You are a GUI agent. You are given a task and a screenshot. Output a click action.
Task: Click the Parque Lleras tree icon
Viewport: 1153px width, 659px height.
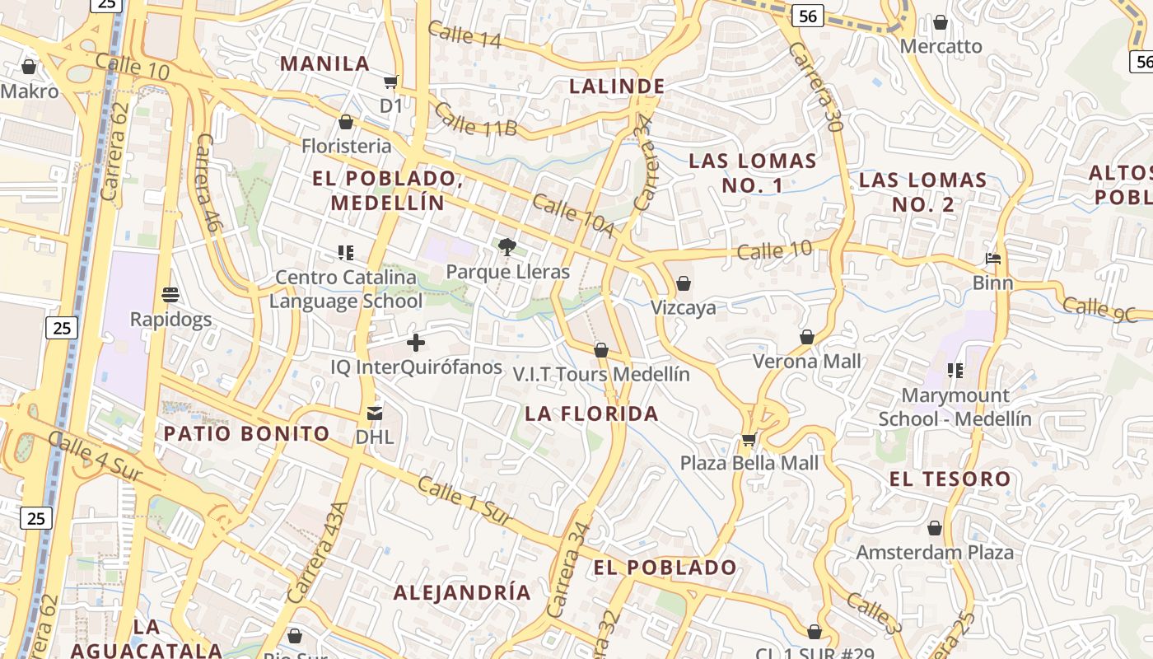[507, 246]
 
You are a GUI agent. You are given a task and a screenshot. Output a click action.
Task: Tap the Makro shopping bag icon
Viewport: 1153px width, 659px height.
[29, 67]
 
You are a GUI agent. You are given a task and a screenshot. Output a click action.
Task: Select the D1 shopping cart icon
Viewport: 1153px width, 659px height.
[391, 82]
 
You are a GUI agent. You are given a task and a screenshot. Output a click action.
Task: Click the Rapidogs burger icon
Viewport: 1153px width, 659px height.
[170, 294]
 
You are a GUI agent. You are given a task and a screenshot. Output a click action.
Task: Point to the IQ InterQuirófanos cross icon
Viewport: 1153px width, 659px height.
[416, 342]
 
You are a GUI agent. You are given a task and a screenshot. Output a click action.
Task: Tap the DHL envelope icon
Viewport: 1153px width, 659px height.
[375, 413]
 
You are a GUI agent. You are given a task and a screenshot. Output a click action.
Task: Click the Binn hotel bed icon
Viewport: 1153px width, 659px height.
[993, 259]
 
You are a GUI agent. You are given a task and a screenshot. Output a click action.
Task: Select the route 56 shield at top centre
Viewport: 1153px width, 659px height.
[808, 16]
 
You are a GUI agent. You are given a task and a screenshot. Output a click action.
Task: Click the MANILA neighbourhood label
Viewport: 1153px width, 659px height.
[324, 63]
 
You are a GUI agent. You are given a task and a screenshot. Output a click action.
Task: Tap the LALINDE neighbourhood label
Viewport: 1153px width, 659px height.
[617, 86]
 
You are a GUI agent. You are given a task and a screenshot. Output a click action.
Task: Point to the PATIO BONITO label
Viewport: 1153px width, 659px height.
[246, 433]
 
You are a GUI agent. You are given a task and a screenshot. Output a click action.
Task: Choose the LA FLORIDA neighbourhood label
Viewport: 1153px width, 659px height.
[591, 414]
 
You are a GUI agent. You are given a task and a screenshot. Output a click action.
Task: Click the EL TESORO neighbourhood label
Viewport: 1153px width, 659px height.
[950, 479]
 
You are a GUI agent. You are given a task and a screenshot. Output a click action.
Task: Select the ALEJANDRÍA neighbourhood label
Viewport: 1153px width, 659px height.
[461, 592]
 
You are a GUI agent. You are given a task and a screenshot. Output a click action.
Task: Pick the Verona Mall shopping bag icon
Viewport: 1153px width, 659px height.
[807, 337]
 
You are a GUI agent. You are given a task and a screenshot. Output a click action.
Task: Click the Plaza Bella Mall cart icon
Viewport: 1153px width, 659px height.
[749, 439]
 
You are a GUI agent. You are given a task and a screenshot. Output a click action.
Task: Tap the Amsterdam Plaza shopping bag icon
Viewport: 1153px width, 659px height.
[935, 527]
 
